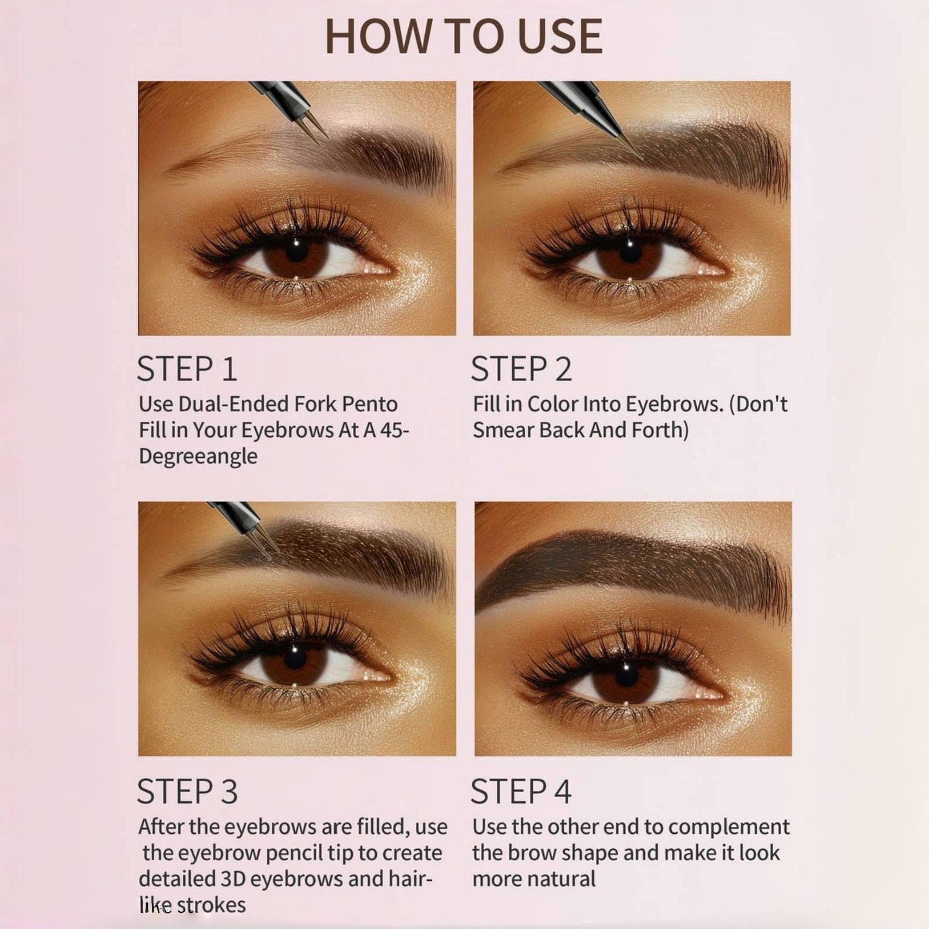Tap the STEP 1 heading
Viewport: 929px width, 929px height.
coord(187,369)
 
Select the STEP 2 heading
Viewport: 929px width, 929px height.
coord(521,369)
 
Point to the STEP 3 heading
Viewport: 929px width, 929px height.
coord(187,791)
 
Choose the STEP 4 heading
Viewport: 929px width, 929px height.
coord(521,791)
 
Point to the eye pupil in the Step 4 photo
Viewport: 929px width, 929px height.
coord(626,670)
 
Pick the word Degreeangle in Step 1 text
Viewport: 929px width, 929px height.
coord(198,456)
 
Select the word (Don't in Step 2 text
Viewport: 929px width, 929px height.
coord(759,404)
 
